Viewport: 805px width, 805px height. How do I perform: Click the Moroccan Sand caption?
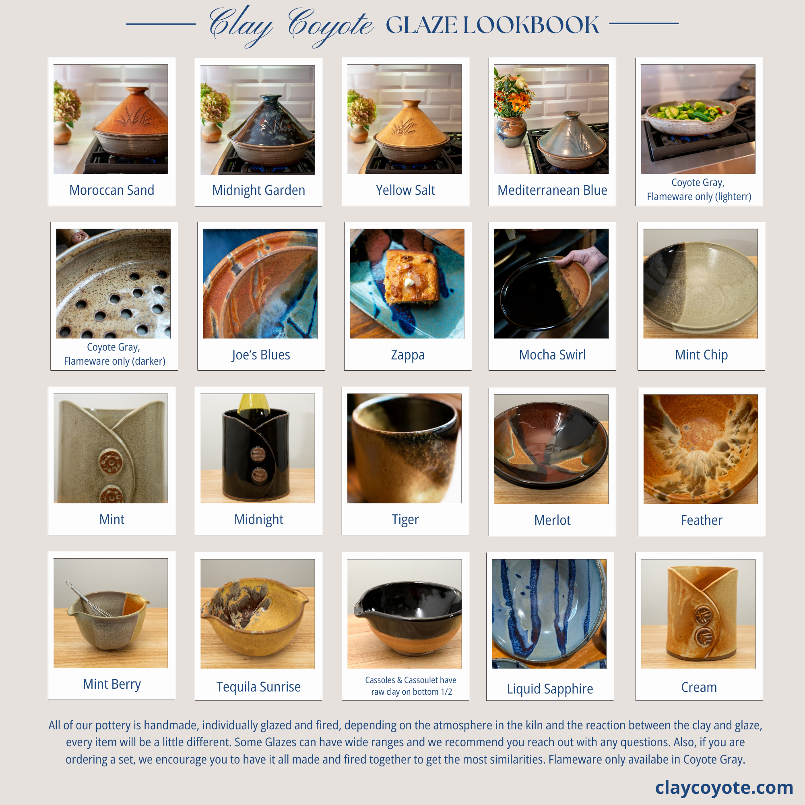point(111,190)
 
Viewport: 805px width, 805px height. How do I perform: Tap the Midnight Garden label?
point(259,190)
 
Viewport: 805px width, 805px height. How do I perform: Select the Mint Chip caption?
point(701,355)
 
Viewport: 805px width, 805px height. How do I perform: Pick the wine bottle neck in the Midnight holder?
point(253,403)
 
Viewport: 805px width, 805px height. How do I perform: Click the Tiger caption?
point(405,520)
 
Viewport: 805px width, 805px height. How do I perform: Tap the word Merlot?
point(553,520)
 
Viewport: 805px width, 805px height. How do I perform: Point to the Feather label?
point(701,520)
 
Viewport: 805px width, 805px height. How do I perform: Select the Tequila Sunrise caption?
point(259,687)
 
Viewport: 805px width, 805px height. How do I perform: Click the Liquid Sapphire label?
point(550,689)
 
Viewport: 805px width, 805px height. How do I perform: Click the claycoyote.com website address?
point(724,788)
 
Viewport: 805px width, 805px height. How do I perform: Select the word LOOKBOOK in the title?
point(531,25)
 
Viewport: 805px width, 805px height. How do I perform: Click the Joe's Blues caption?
point(261,355)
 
